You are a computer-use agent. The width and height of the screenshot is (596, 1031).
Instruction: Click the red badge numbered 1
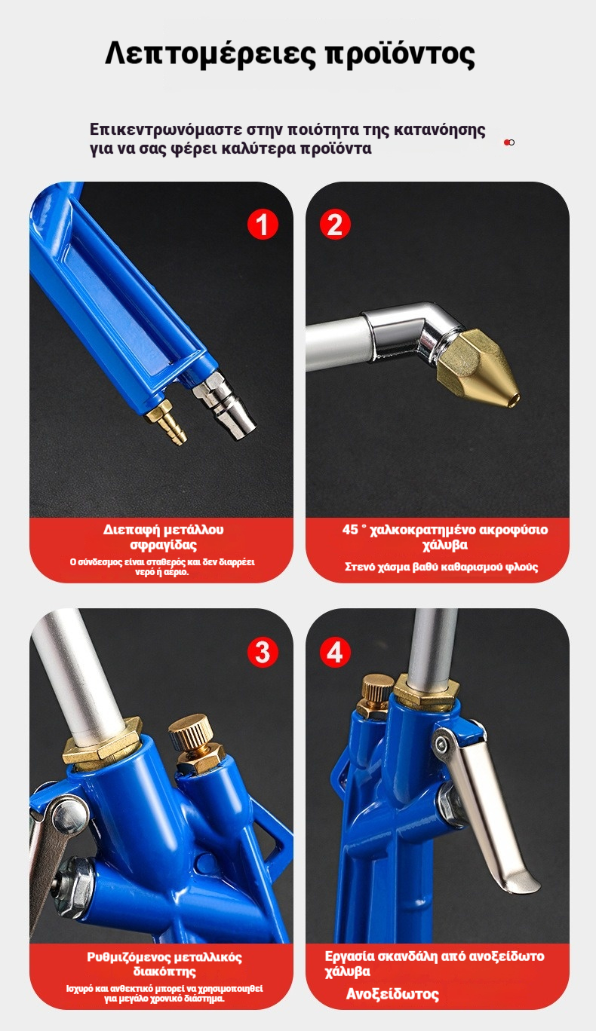tap(263, 225)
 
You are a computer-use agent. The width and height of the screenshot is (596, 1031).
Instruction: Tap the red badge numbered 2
tap(335, 225)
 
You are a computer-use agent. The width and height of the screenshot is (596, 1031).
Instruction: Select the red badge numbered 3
tap(263, 652)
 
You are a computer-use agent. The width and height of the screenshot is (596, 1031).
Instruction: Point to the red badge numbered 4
tap(335, 652)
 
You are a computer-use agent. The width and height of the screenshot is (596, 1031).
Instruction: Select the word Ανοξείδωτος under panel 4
tap(392, 995)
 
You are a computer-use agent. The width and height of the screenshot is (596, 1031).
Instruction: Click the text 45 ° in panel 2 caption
tap(354, 530)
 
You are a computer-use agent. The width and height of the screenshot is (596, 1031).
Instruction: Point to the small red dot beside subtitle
tap(507, 142)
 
